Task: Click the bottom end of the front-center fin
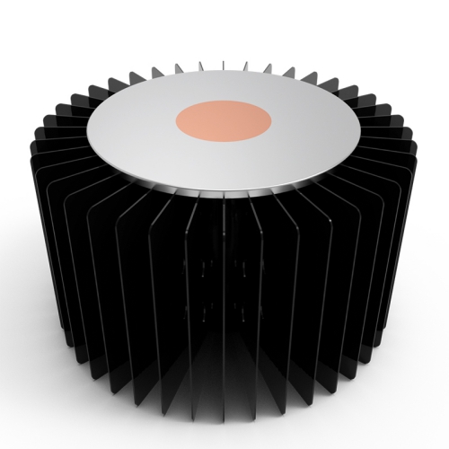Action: [224, 418]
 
